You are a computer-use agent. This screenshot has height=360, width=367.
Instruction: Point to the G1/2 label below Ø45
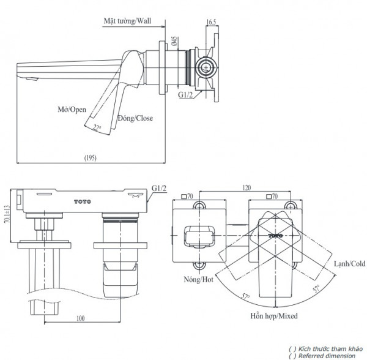[186, 95]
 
